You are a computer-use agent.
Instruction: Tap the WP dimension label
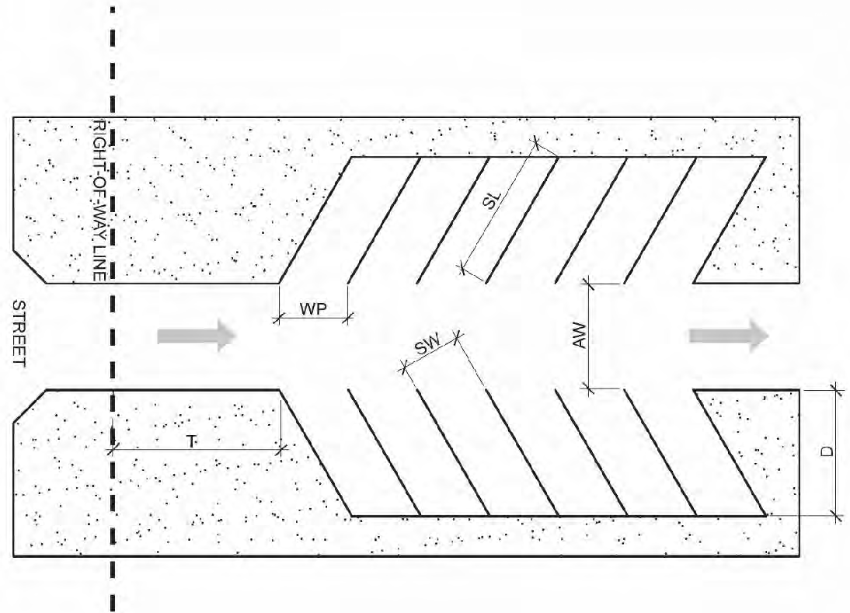(x=313, y=308)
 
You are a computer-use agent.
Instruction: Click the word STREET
(x=20, y=335)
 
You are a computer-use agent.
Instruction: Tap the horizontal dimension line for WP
(x=313, y=317)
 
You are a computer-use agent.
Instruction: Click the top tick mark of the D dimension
(x=836, y=389)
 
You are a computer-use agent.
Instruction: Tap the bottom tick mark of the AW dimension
(x=588, y=388)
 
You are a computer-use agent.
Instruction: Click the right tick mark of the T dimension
(x=281, y=448)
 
